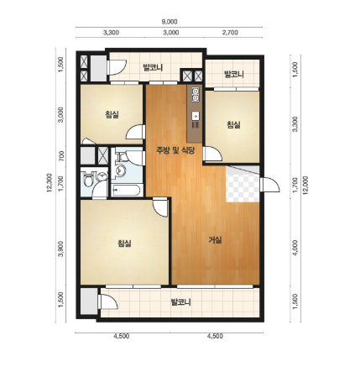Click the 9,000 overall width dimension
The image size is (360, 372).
click(170, 22)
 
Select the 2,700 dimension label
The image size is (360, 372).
click(230, 33)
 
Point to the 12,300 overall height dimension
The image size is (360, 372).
click(50, 183)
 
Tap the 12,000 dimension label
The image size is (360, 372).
click(305, 186)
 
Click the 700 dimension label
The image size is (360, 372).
click(61, 156)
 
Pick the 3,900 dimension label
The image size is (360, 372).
click(61, 249)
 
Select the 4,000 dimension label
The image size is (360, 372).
click(295, 247)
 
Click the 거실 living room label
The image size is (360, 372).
click(216, 240)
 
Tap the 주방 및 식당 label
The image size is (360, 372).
click(175, 150)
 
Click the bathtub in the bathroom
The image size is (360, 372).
click(128, 191)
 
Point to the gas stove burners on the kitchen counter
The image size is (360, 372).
click(196, 94)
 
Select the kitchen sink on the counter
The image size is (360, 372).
click(196, 115)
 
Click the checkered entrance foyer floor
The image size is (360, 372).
click(243, 184)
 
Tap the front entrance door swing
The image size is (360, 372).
click(269, 185)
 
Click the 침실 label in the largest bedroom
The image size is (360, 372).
click(124, 243)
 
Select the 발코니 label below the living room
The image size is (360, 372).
click(181, 302)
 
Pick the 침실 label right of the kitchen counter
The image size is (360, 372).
click(233, 124)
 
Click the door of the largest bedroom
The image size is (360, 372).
click(160, 207)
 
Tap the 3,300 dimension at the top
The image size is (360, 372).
click(111, 33)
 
